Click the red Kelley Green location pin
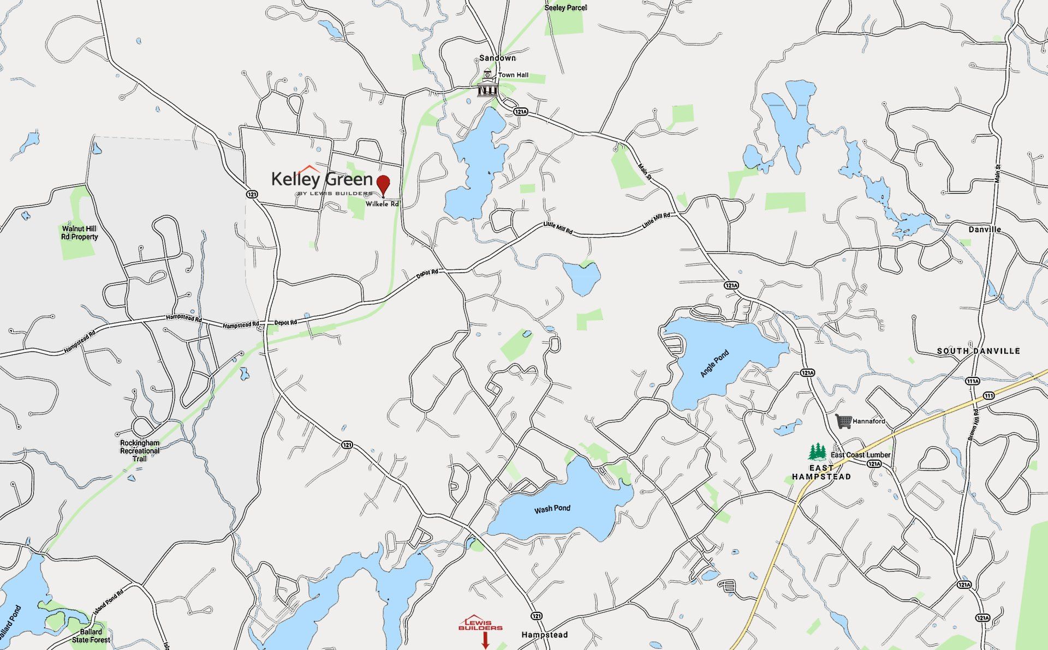(x=384, y=184)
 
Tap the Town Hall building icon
(x=487, y=83)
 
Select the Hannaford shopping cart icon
(x=843, y=421)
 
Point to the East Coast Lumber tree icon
(x=817, y=452)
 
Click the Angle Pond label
(x=714, y=364)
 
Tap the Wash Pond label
(x=552, y=509)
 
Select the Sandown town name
(x=497, y=58)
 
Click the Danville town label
(x=985, y=230)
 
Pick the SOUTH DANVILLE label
(x=978, y=351)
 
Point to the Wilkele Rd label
(x=382, y=204)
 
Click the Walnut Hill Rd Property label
(x=80, y=233)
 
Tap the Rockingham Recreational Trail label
(x=140, y=450)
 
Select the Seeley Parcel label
(x=565, y=8)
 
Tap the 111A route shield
(x=972, y=381)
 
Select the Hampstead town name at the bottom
(x=544, y=635)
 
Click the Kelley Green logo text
(x=322, y=179)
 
